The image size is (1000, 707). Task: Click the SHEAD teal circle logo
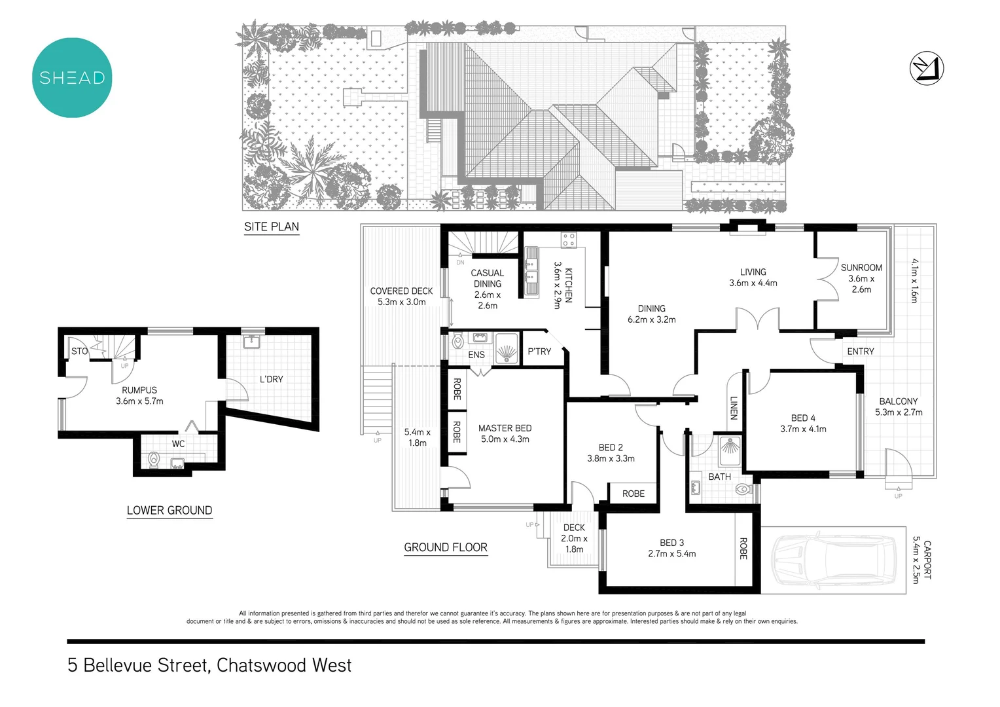point(72,78)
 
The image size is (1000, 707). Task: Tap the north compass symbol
point(927,68)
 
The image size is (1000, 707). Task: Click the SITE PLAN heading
point(272,227)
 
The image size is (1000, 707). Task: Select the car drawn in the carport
point(832,560)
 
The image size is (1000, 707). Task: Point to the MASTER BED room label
point(505,433)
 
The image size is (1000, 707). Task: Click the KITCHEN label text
point(563,285)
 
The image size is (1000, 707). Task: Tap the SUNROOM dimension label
point(861,278)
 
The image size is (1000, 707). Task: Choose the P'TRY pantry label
point(539,352)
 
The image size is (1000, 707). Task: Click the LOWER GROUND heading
point(170,511)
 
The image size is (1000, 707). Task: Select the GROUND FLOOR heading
point(446,547)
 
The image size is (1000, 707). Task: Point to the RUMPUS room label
point(139,395)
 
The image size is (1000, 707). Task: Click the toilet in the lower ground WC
point(154,460)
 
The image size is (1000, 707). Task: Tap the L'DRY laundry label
point(271,379)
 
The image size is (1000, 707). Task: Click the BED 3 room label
point(671,548)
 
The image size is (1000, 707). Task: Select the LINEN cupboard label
point(734,408)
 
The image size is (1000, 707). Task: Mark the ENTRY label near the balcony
point(860,352)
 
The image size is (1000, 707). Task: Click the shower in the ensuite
point(507,350)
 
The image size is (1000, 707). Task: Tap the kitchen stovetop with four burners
point(568,240)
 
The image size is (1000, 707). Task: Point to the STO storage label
point(79,352)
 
